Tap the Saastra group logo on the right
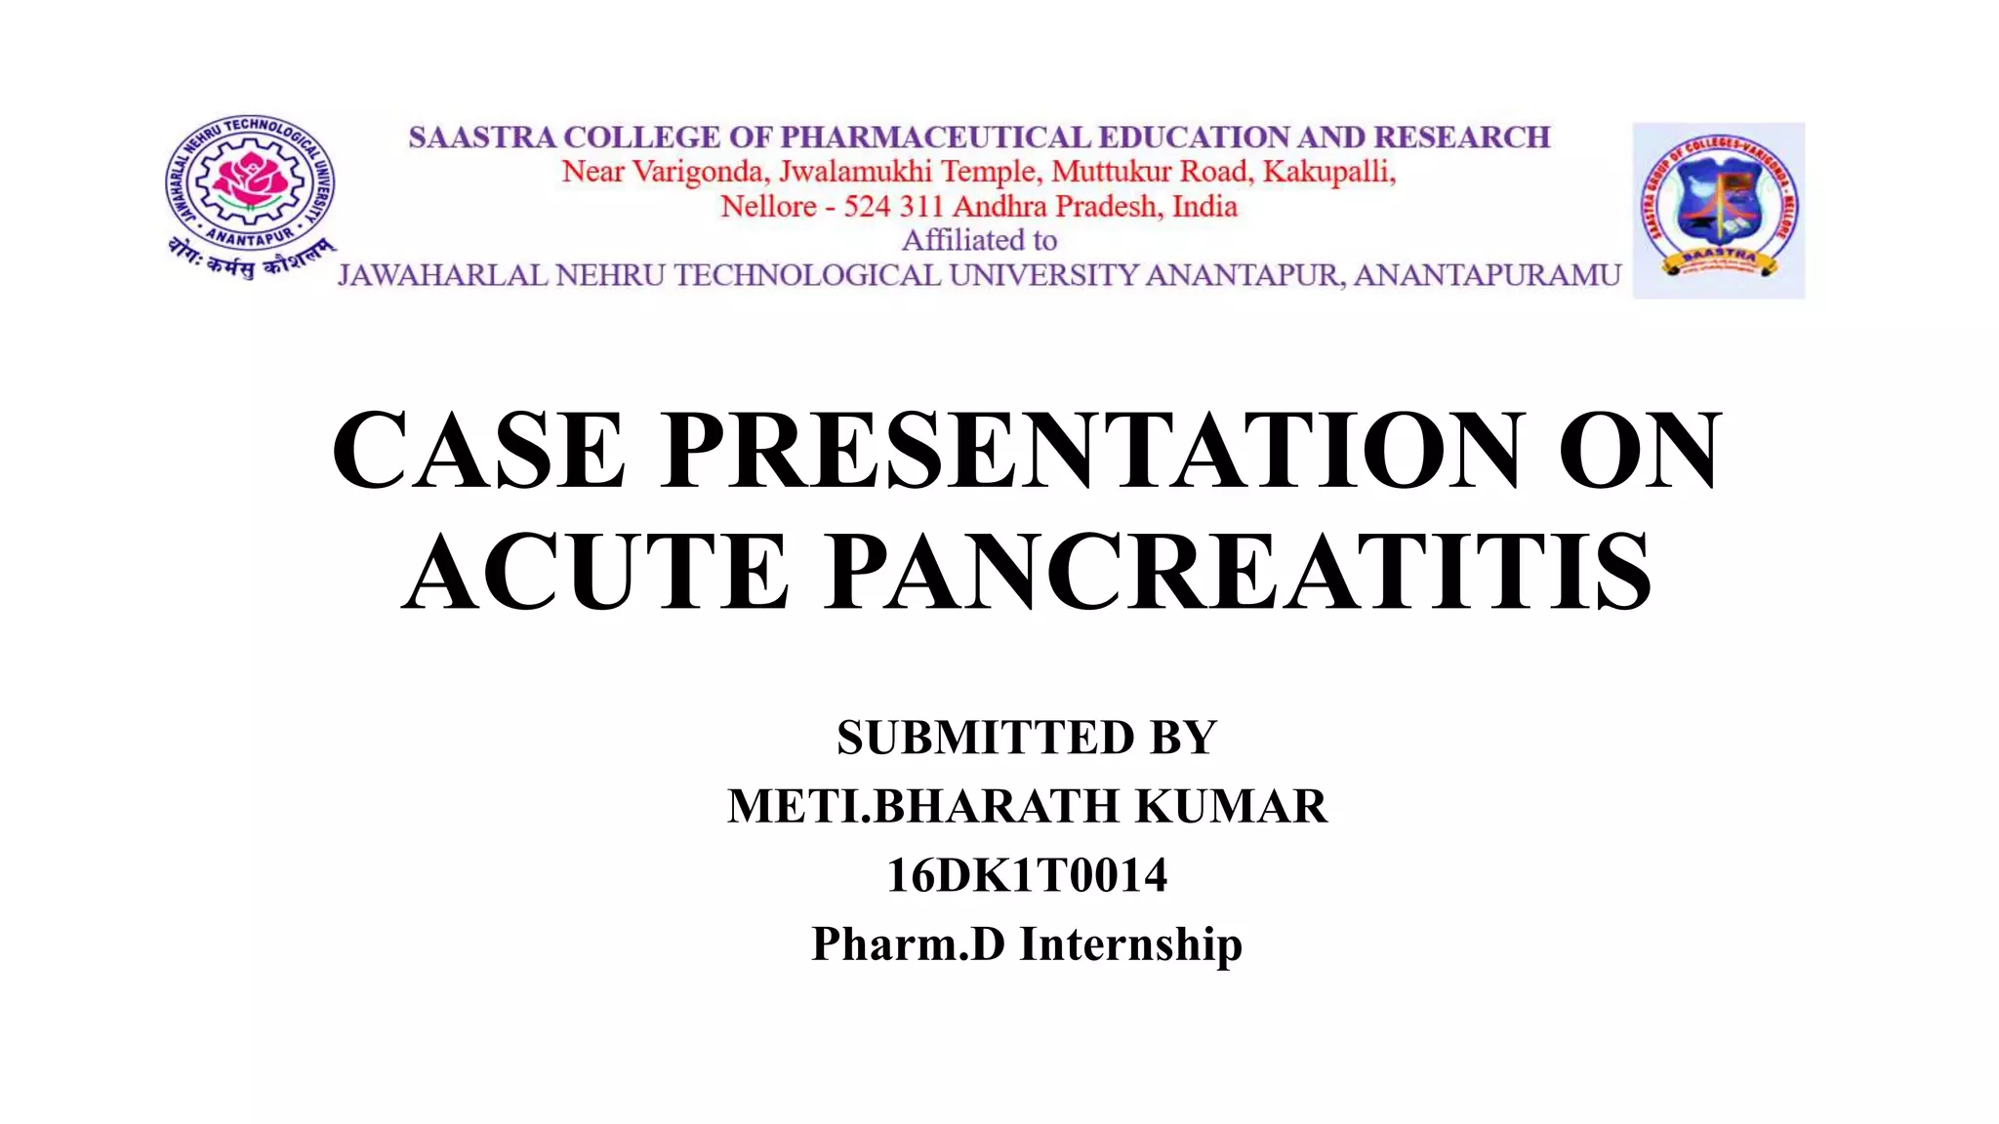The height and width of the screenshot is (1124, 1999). point(1718,210)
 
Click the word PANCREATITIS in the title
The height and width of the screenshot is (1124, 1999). point(1239,572)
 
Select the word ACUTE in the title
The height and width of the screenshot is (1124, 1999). point(595,572)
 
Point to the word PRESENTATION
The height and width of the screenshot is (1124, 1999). point(1091,450)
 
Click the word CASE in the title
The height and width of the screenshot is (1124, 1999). point(478,450)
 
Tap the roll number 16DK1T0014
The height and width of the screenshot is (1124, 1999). point(1026,875)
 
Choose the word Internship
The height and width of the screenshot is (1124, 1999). point(1130,943)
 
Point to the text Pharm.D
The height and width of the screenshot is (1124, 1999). point(908,943)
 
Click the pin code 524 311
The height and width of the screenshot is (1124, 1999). point(893,207)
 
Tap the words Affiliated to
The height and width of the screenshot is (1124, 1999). point(979,240)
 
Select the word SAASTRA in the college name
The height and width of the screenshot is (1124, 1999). point(481,138)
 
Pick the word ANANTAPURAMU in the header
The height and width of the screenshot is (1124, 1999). point(1487,276)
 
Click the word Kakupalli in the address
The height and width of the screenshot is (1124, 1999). point(1328,172)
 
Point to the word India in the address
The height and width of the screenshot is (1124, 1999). point(1204,207)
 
